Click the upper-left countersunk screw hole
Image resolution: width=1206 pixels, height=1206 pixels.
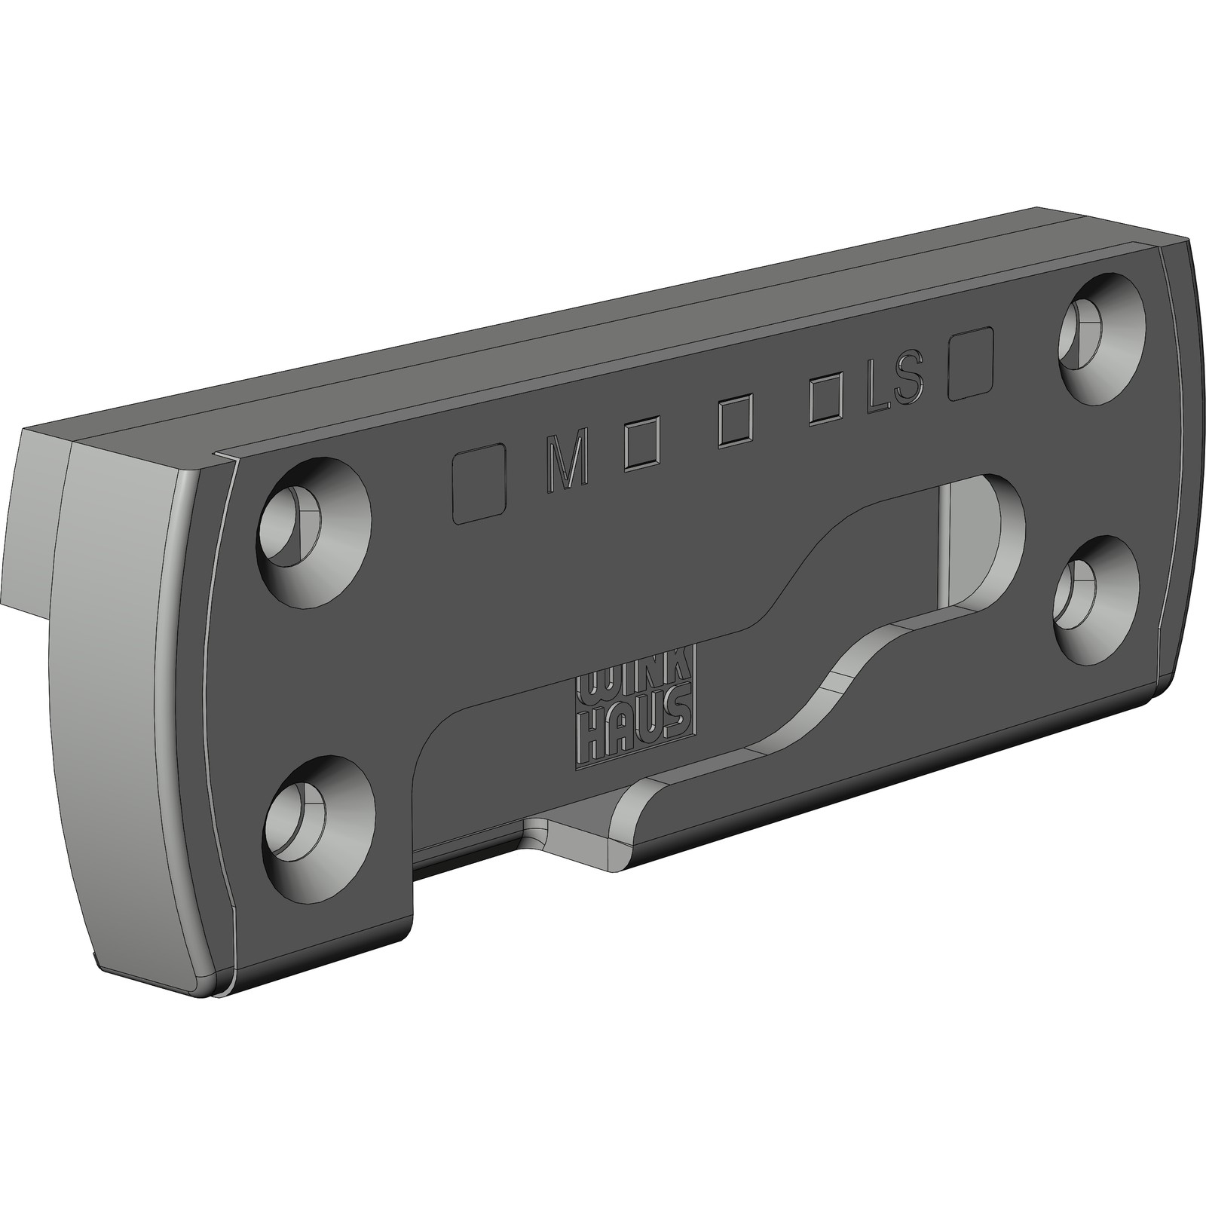pos(314,532)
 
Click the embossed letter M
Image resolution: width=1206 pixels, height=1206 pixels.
pos(565,462)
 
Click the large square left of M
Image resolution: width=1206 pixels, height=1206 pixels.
pos(478,483)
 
